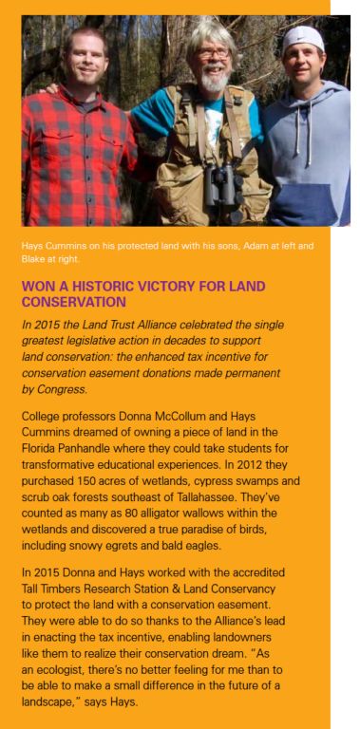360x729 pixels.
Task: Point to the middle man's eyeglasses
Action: tap(214, 53)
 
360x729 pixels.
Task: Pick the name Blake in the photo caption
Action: tap(35, 257)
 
